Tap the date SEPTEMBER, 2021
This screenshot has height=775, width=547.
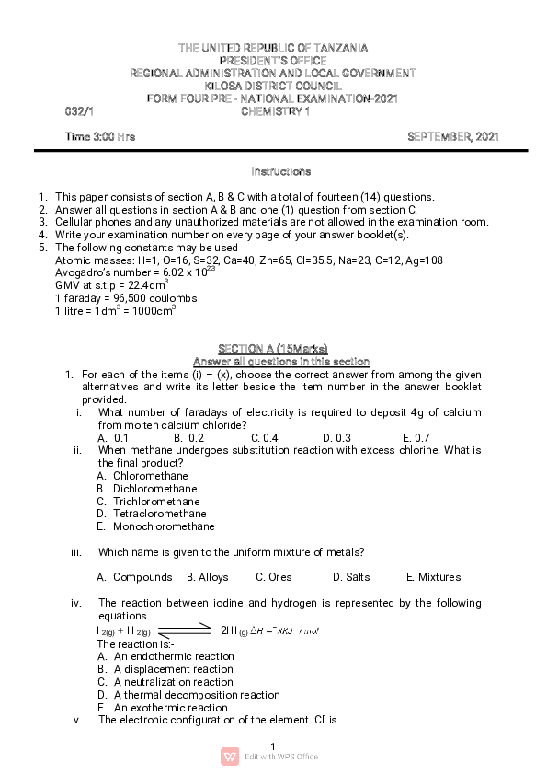click(453, 136)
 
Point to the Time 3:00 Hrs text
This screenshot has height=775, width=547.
click(100, 136)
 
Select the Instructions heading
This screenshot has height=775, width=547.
click(281, 171)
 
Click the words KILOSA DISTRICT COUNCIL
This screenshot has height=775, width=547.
click(272, 86)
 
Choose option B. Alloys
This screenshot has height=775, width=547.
click(208, 577)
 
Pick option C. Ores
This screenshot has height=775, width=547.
click(274, 577)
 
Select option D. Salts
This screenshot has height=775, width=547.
click(351, 577)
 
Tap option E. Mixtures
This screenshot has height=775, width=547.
click(432, 577)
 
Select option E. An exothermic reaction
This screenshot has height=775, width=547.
click(163, 708)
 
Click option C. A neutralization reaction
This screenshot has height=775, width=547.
click(165, 682)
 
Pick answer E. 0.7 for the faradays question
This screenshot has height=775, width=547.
click(416, 438)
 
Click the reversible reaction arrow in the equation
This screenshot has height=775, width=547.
click(186, 630)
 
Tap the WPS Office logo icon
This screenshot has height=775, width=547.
click(230, 757)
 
